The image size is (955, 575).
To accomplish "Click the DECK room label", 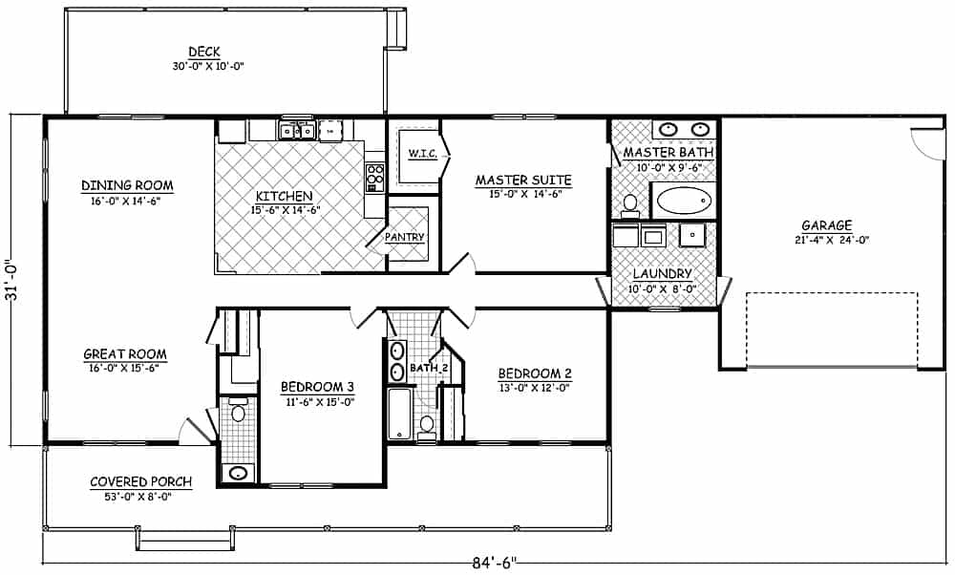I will pos(204,52).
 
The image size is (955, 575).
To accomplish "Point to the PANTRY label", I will pos(405,237).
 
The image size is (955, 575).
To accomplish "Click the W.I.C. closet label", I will pos(421,153).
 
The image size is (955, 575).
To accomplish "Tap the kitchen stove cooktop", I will pos(375,175).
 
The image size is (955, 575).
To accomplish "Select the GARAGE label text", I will pos(826,225).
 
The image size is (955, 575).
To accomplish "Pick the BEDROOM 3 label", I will pos(317,387).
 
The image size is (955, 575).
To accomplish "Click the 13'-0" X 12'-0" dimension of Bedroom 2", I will pos(534,389).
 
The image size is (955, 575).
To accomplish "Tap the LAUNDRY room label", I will pos(662,273).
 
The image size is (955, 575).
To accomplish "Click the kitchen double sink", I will pos(297,131).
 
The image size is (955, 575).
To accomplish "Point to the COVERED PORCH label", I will pos(140,481).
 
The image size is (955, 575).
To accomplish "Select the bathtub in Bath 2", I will pos(399,414).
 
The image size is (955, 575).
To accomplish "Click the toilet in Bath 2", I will pos(427,427).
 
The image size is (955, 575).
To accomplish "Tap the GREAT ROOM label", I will pos(124,354).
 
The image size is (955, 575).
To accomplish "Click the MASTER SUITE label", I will pos(523,180).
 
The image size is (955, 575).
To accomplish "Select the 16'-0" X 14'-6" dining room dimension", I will pos(127,202).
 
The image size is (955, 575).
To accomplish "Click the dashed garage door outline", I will pos(831,330).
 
